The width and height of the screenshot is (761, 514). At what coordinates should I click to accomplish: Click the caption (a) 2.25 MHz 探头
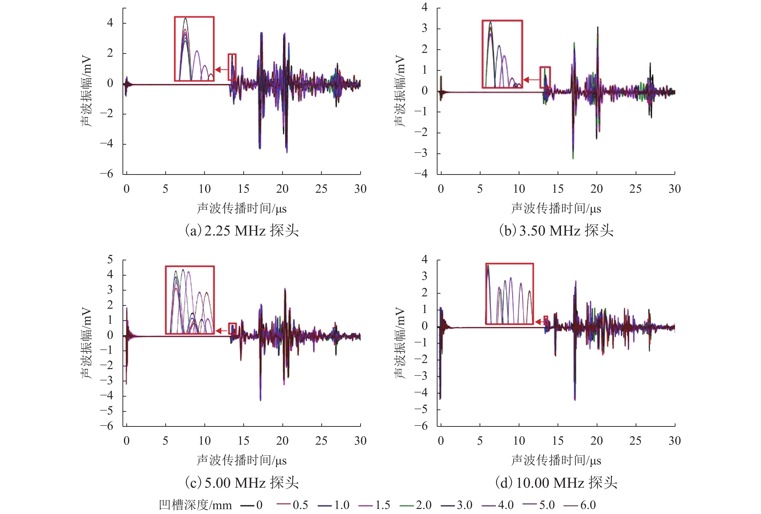click(x=242, y=231)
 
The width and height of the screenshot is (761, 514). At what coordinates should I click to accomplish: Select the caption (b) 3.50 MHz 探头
click(x=556, y=231)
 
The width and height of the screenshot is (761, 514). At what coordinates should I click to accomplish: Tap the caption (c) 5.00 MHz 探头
click(x=242, y=483)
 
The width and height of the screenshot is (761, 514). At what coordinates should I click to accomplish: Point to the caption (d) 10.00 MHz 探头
click(x=556, y=483)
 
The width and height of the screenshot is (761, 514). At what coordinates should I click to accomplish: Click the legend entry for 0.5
click(x=292, y=505)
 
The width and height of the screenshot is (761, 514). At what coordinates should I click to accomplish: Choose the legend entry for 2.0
click(x=416, y=505)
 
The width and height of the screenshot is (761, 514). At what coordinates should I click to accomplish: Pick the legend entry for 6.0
click(x=580, y=505)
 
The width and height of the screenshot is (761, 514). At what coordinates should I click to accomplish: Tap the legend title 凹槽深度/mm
click(x=195, y=505)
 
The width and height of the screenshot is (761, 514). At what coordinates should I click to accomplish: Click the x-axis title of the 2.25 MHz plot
click(x=242, y=208)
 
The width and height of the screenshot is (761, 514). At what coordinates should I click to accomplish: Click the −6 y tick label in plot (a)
click(x=107, y=174)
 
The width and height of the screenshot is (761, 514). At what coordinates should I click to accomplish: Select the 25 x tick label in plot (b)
click(x=635, y=189)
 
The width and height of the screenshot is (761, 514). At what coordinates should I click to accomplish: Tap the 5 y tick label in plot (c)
click(x=110, y=260)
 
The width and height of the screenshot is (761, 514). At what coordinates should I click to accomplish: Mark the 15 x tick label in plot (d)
click(x=558, y=441)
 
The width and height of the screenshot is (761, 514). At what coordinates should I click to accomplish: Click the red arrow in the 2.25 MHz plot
click(x=222, y=69)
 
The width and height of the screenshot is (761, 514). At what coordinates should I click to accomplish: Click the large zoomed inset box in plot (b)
click(x=502, y=54)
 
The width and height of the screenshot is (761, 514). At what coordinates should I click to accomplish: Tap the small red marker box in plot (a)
click(x=232, y=67)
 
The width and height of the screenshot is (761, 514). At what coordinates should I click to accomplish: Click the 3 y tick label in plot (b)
click(x=424, y=29)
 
